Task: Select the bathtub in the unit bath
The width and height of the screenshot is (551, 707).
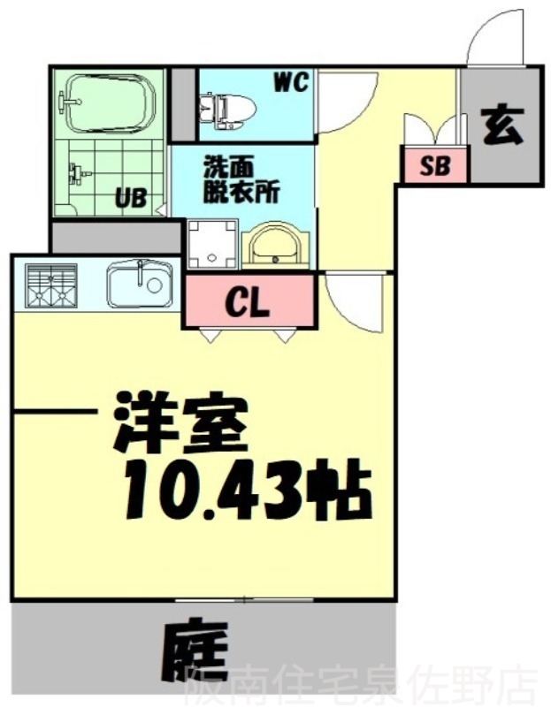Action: coord(107,103)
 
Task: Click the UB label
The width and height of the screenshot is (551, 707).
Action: coord(130,198)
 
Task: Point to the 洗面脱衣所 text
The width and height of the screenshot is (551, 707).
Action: coord(241,179)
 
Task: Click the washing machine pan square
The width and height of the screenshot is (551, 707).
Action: coord(212,244)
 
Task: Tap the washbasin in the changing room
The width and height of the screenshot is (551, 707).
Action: coord(274,247)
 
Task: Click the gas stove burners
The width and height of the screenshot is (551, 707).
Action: coord(51,285)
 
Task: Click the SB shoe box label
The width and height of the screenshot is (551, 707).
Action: coord(435,165)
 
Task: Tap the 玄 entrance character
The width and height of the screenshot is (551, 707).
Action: coord(502,126)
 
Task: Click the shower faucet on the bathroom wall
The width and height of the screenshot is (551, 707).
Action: coord(78,172)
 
